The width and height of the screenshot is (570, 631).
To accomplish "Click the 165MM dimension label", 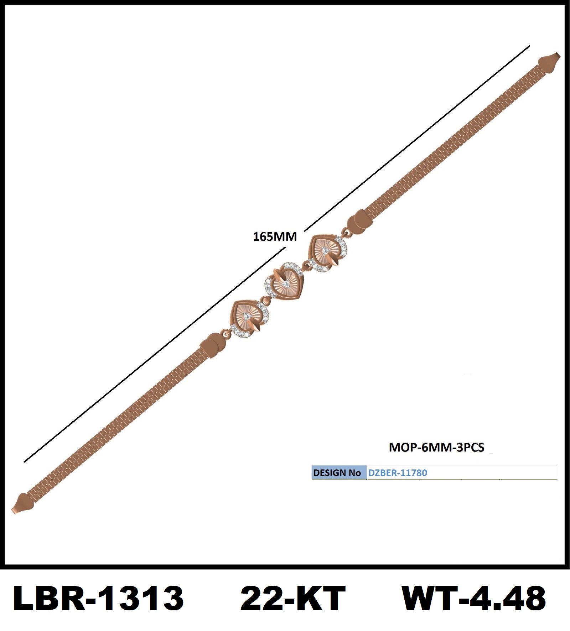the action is pyautogui.click(x=275, y=236).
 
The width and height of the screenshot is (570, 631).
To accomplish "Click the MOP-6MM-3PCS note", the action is pyautogui.click(x=436, y=447).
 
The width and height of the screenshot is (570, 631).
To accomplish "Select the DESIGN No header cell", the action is pyautogui.click(x=337, y=473).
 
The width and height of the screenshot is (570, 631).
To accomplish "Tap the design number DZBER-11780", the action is pyautogui.click(x=398, y=473).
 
